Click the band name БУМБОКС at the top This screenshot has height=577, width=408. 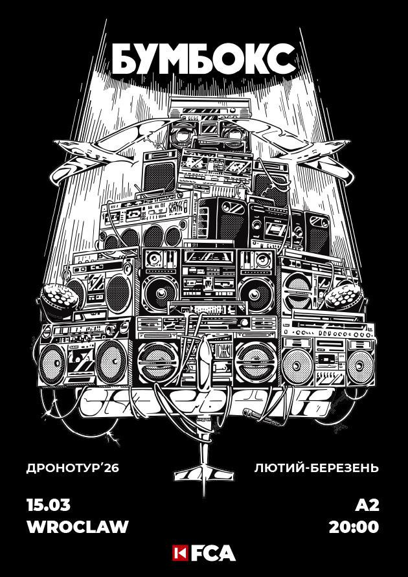click(x=203, y=60)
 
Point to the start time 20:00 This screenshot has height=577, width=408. click(x=354, y=526)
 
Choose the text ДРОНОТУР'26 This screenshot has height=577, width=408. click(x=74, y=468)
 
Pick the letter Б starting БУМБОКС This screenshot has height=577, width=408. click(x=122, y=60)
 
